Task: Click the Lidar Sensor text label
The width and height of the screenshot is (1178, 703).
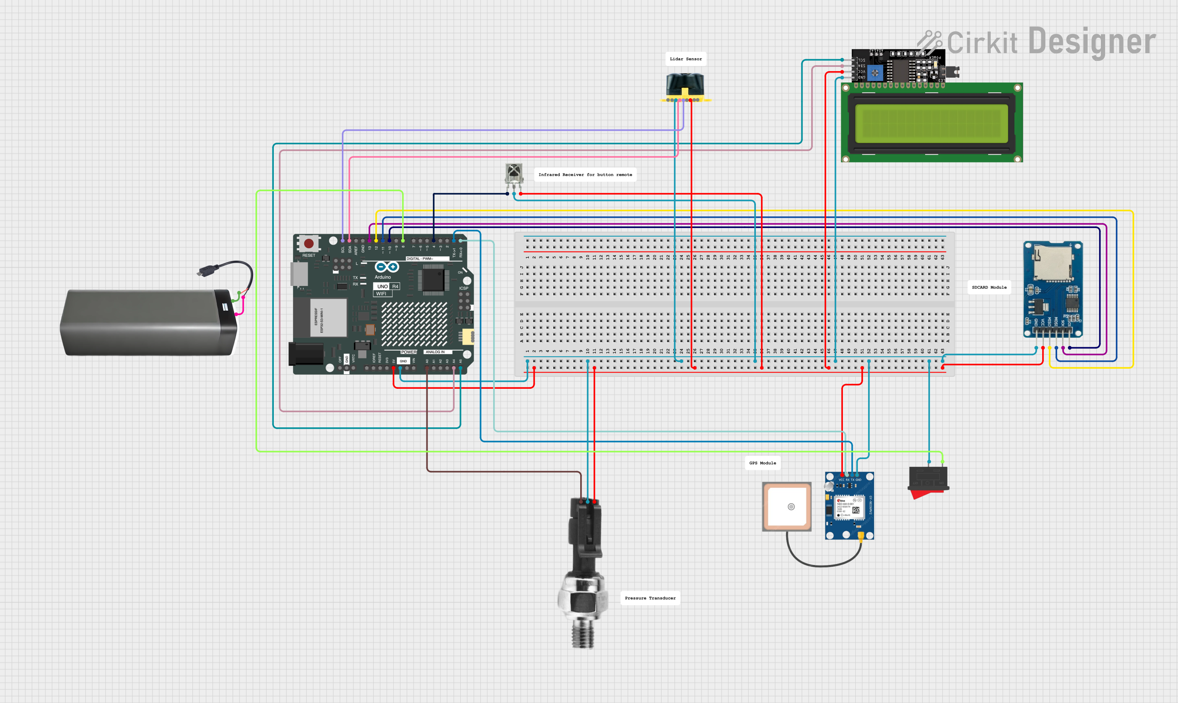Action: [x=686, y=59]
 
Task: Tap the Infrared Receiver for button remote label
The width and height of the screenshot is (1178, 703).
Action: [x=585, y=174]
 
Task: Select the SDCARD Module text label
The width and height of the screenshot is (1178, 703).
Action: [x=989, y=287]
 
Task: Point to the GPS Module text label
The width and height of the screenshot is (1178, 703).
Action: [x=762, y=463]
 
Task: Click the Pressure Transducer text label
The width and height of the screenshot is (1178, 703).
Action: [x=650, y=598]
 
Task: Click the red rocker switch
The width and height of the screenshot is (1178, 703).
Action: [x=928, y=481]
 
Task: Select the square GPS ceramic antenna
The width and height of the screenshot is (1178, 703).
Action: [x=787, y=506]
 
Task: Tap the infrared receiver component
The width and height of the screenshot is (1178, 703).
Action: [x=514, y=173]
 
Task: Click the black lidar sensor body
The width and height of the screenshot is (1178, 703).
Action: [x=685, y=84]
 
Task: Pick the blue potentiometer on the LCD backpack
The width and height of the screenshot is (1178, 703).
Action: [x=875, y=72]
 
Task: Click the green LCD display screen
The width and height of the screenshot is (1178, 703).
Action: [x=931, y=123]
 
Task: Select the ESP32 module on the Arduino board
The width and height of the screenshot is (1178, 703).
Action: [x=328, y=317]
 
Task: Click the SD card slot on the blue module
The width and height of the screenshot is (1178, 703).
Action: [x=1052, y=263]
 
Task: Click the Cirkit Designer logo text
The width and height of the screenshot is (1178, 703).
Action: [x=1051, y=42]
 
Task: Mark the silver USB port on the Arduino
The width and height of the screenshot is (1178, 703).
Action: [x=299, y=274]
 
